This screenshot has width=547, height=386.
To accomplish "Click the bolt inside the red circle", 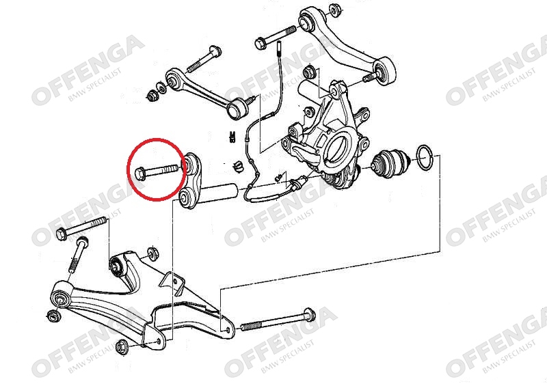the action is tap(157, 172).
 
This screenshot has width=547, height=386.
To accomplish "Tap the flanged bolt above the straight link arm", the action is tap(204, 60).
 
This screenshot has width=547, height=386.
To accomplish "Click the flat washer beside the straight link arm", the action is tap(163, 89).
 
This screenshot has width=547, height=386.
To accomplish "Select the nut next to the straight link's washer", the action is tap(152, 95).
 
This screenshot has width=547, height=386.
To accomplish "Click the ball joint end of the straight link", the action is tap(238, 108).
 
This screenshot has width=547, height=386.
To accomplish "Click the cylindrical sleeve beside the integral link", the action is tap(219, 193).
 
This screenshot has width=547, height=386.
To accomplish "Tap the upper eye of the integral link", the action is tap(191, 163).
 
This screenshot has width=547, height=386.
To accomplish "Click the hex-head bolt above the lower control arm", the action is tap(81, 228).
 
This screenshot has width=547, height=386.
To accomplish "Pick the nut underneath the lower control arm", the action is tap(122, 346).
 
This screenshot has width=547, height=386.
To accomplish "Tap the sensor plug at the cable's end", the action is tap(297, 182).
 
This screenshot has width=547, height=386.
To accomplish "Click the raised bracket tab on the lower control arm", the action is tap(173, 282).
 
